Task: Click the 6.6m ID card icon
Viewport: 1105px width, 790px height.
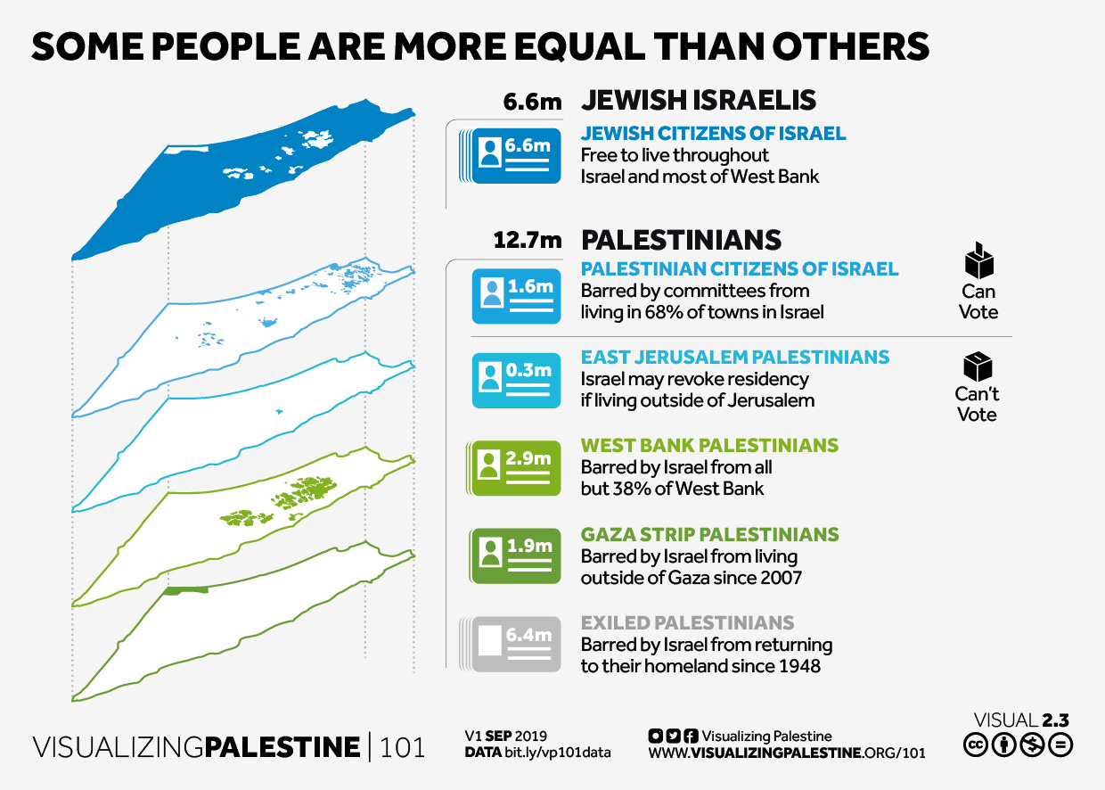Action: (x=513, y=157)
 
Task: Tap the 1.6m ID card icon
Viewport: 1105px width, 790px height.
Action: (x=517, y=296)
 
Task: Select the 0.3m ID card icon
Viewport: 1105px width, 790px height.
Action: (x=517, y=381)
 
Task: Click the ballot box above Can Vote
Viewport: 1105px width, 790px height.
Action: (x=979, y=260)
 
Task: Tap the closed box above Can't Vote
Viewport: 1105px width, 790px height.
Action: (x=978, y=366)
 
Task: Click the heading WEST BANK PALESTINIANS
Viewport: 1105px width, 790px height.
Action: (x=709, y=445)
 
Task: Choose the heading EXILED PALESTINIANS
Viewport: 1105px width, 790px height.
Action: (x=687, y=622)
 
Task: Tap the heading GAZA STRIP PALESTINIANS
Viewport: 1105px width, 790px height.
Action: (x=709, y=534)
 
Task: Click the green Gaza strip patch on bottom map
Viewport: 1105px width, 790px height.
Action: (x=187, y=590)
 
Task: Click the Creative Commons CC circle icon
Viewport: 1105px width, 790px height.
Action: (x=976, y=745)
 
